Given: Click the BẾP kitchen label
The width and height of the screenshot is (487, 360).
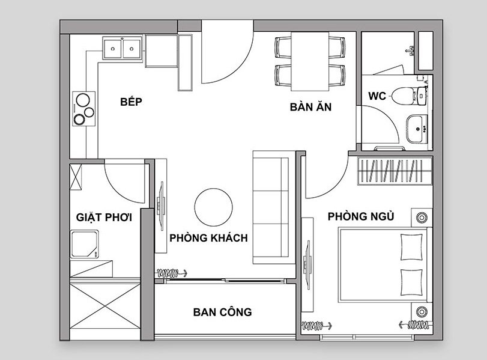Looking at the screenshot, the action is click(x=131, y=102).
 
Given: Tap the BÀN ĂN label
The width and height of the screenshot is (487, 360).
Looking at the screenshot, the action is click(x=310, y=106).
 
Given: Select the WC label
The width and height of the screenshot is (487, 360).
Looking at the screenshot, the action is click(x=377, y=96).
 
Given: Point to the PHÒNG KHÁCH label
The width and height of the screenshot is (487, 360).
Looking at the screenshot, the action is click(x=208, y=238).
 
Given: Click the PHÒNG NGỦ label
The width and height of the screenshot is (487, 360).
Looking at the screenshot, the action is click(x=361, y=216).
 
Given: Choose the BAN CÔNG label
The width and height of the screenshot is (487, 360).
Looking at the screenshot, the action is click(x=222, y=312).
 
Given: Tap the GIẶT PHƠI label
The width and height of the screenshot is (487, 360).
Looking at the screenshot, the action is click(x=104, y=217).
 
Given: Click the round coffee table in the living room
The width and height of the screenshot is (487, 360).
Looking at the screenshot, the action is click(x=214, y=207).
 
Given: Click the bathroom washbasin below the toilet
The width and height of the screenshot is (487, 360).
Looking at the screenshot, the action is click(x=417, y=129).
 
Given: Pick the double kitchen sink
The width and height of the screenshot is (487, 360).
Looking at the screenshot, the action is click(x=123, y=48).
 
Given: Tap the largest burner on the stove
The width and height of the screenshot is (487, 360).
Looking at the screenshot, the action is click(x=83, y=100).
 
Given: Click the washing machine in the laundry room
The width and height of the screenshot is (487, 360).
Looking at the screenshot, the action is click(x=84, y=244).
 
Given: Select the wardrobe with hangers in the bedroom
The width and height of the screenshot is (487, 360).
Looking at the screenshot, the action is click(x=395, y=171).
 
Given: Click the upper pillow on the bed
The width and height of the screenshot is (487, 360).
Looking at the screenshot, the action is click(x=411, y=247).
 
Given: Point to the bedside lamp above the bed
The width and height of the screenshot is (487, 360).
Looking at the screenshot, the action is click(x=422, y=218).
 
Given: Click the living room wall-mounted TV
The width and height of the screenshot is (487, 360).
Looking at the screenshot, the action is click(x=161, y=206).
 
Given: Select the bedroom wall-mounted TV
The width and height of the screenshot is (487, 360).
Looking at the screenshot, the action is click(x=308, y=265).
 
